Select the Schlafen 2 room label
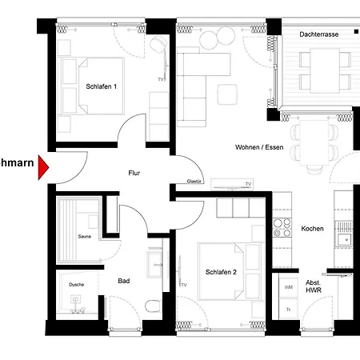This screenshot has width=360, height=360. (220, 271)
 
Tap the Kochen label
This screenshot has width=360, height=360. (312, 229)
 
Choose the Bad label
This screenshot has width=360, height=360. (124, 281)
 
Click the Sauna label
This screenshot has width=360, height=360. (84, 237)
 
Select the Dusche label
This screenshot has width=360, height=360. (76, 284)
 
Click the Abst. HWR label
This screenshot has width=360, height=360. (313, 287)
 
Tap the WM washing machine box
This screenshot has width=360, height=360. (288, 286)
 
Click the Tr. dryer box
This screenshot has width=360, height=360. (288, 309)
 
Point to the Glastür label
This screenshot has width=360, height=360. (194, 182)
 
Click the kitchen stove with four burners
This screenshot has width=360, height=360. (282, 227)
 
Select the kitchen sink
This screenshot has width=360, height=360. (346, 238)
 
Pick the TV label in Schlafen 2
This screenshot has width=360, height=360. (183, 285)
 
